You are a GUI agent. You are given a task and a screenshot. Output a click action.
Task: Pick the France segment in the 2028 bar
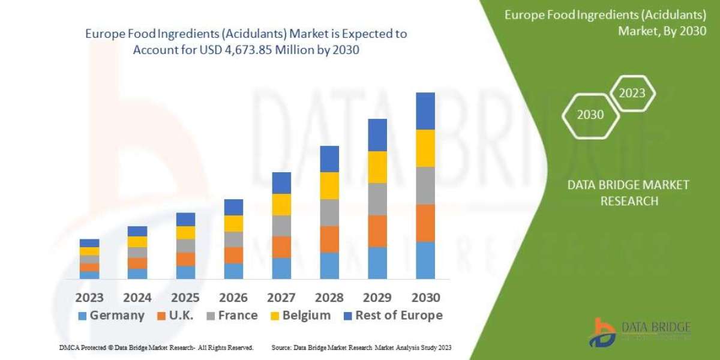[329, 212]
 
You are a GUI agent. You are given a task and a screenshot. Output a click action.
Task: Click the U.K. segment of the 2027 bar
[281, 247]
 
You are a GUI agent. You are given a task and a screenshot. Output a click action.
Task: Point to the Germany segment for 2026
[233, 271]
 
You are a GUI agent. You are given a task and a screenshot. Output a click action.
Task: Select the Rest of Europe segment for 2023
[89, 243]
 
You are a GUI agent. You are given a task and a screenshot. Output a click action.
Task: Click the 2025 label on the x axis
[185, 298]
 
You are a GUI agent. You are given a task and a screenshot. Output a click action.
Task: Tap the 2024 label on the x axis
[137, 298]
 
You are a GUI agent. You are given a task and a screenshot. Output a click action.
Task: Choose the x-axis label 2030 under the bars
[425, 298]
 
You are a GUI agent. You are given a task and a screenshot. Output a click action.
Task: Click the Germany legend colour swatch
[82, 316]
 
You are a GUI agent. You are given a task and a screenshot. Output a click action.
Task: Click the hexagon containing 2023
[632, 93]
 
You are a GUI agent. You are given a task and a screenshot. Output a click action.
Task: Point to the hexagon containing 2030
[590, 115]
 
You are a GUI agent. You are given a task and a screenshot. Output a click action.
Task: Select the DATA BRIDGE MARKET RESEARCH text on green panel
[628, 193]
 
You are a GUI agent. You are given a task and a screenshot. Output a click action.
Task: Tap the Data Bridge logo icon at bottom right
[602, 332]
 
